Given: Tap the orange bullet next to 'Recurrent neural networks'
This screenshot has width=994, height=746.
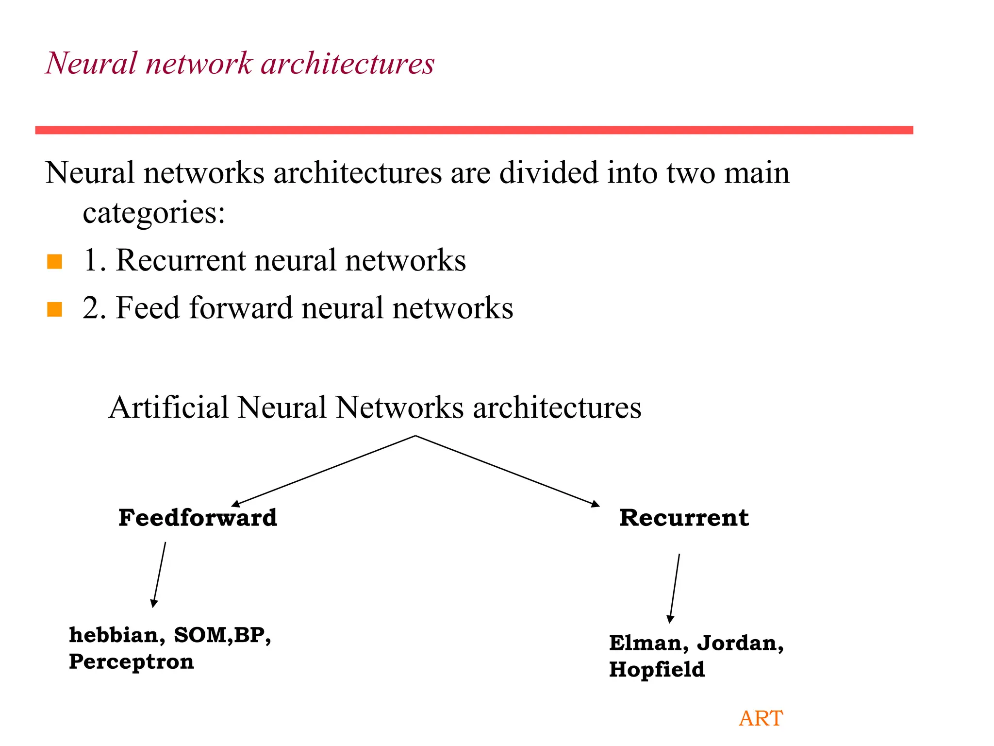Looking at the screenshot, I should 54,261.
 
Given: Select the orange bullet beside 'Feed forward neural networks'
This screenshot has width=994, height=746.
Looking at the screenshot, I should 54,309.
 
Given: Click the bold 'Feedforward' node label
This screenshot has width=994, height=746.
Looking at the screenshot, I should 198,518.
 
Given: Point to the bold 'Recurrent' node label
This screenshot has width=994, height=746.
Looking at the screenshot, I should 684,518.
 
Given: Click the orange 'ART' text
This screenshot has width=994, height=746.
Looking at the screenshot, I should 761,718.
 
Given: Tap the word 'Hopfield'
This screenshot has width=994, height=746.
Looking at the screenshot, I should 657,669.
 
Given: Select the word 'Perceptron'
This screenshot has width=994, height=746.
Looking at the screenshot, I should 131,661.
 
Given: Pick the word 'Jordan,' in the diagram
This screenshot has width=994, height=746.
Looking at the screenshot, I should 740,643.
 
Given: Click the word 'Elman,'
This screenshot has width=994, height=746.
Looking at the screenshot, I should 649,643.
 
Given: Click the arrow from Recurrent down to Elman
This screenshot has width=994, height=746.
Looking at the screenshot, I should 675,588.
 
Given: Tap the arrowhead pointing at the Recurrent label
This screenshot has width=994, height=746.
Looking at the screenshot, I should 595,504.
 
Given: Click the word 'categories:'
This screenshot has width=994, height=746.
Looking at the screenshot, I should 154,213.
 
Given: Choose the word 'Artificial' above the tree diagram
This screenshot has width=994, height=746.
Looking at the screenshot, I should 168,407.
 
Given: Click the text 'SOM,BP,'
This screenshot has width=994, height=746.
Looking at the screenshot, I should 222,635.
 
